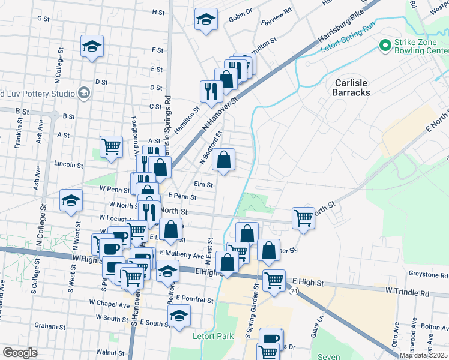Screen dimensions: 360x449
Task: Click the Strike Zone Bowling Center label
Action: click(420, 46)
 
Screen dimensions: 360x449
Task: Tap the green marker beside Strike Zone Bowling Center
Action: click(384, 44)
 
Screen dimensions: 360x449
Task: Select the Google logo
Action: click(20, 353)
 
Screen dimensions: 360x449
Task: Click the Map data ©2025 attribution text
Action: click(424, 355)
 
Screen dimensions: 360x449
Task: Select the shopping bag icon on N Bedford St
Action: click(223, 159)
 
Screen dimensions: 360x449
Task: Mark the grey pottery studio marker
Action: click(83, 93)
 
